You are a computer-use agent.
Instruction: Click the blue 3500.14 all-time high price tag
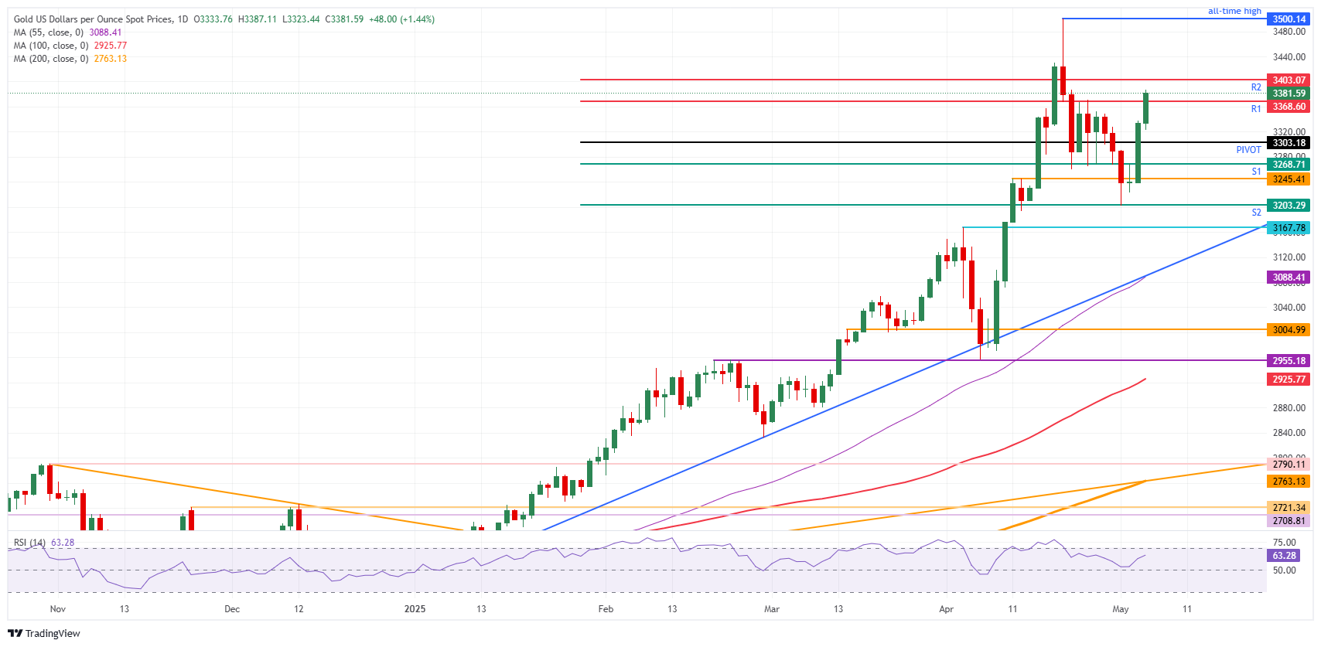point(1289,19)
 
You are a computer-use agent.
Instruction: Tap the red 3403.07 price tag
point(1289,80)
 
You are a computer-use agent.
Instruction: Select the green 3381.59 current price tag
point(1289,94)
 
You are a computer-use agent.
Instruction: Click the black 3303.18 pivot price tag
point(1289,143)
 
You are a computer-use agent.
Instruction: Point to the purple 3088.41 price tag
point(1289,278)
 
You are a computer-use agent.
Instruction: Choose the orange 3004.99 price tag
point(1289,330)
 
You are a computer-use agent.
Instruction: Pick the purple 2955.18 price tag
point(1289,361)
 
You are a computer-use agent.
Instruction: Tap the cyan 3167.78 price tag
point(1289,228)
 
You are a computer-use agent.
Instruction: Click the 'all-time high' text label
point(1234,11)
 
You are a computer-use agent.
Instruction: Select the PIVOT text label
point(1248,150)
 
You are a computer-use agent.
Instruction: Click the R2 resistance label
point(1256,87)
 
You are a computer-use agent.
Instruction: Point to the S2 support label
point(1256,213)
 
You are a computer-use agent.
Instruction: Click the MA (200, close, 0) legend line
point(70,59)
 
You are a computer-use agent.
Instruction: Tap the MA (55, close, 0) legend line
point(67,32)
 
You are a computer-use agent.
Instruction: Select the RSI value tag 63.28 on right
point(1284,556)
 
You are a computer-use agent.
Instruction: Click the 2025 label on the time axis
point(415,609)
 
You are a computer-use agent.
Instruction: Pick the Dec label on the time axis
point(232,609)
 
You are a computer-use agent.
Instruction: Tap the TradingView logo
point(44,633)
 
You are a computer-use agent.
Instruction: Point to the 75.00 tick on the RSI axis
point(1284,543)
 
